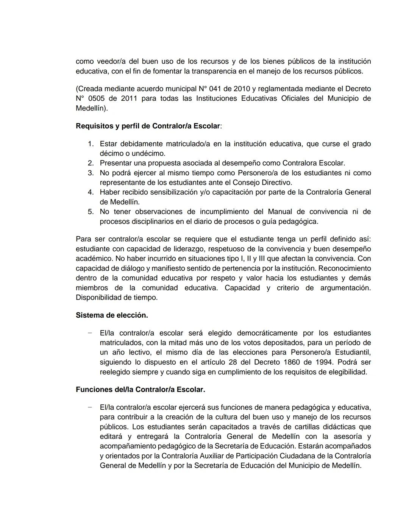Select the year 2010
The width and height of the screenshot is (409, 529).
[x=241, y=89]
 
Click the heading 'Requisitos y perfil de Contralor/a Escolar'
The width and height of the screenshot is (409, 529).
[x=148, y=126]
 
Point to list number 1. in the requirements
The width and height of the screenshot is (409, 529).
[x=91, y=144]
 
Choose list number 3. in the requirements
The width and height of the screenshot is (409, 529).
[x=91, y=173]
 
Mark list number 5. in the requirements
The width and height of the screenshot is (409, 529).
[x=91, y=212]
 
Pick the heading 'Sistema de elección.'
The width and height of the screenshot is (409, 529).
[x=112, y=315]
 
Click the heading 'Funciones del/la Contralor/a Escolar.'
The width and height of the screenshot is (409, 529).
[x=140, y=390]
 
